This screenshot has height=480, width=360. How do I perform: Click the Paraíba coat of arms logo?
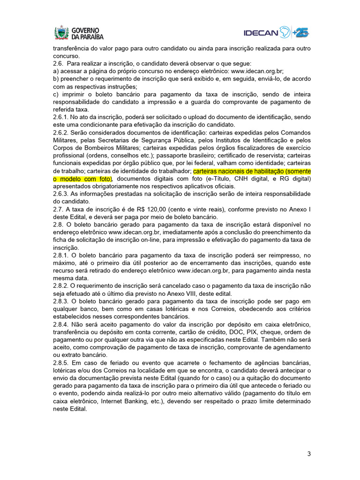coord(61,32)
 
